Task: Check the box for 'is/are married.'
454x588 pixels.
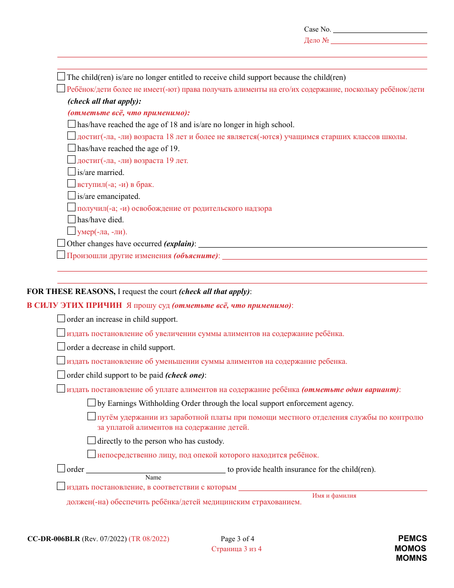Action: coord(72,172)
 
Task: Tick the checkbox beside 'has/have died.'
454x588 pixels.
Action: coord(72,219)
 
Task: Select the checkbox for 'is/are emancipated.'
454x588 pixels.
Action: coord(72,196)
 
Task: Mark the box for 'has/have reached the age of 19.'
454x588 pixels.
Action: coord(72,148)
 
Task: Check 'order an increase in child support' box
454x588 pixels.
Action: coord(61,319)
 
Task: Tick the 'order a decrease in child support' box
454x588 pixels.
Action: coord(61,347)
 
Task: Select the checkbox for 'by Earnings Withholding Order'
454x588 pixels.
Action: coord(92,403)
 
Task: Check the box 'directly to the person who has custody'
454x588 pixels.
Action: coord(92,440)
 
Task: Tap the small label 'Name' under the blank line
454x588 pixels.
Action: coord(153,478)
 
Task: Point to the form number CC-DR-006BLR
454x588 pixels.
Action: coord(54,539)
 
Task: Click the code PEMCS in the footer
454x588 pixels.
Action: coord(412,539)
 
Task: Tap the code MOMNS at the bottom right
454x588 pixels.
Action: coord(411,558)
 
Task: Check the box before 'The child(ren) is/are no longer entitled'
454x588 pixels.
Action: coord(61,76)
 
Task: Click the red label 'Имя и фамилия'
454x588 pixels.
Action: coord(334,496)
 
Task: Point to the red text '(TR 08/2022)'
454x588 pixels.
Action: coord(149,539)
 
